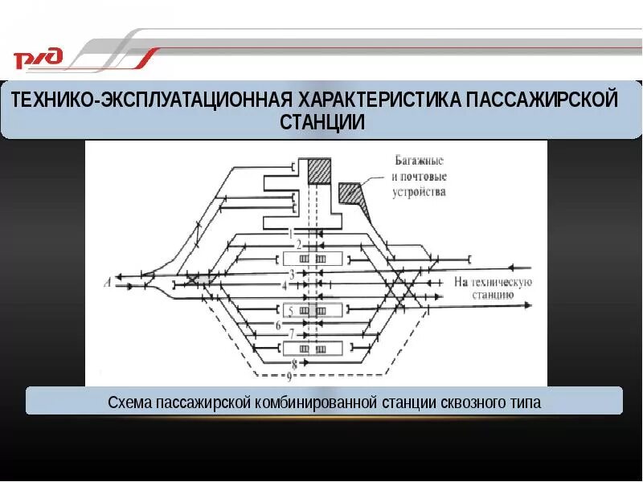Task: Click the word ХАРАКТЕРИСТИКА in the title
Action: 381,100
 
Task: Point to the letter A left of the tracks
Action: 107,281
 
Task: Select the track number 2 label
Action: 298,244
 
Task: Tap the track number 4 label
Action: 284,285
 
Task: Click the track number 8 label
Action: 294,364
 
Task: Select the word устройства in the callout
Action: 419,192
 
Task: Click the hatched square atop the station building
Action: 321,170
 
